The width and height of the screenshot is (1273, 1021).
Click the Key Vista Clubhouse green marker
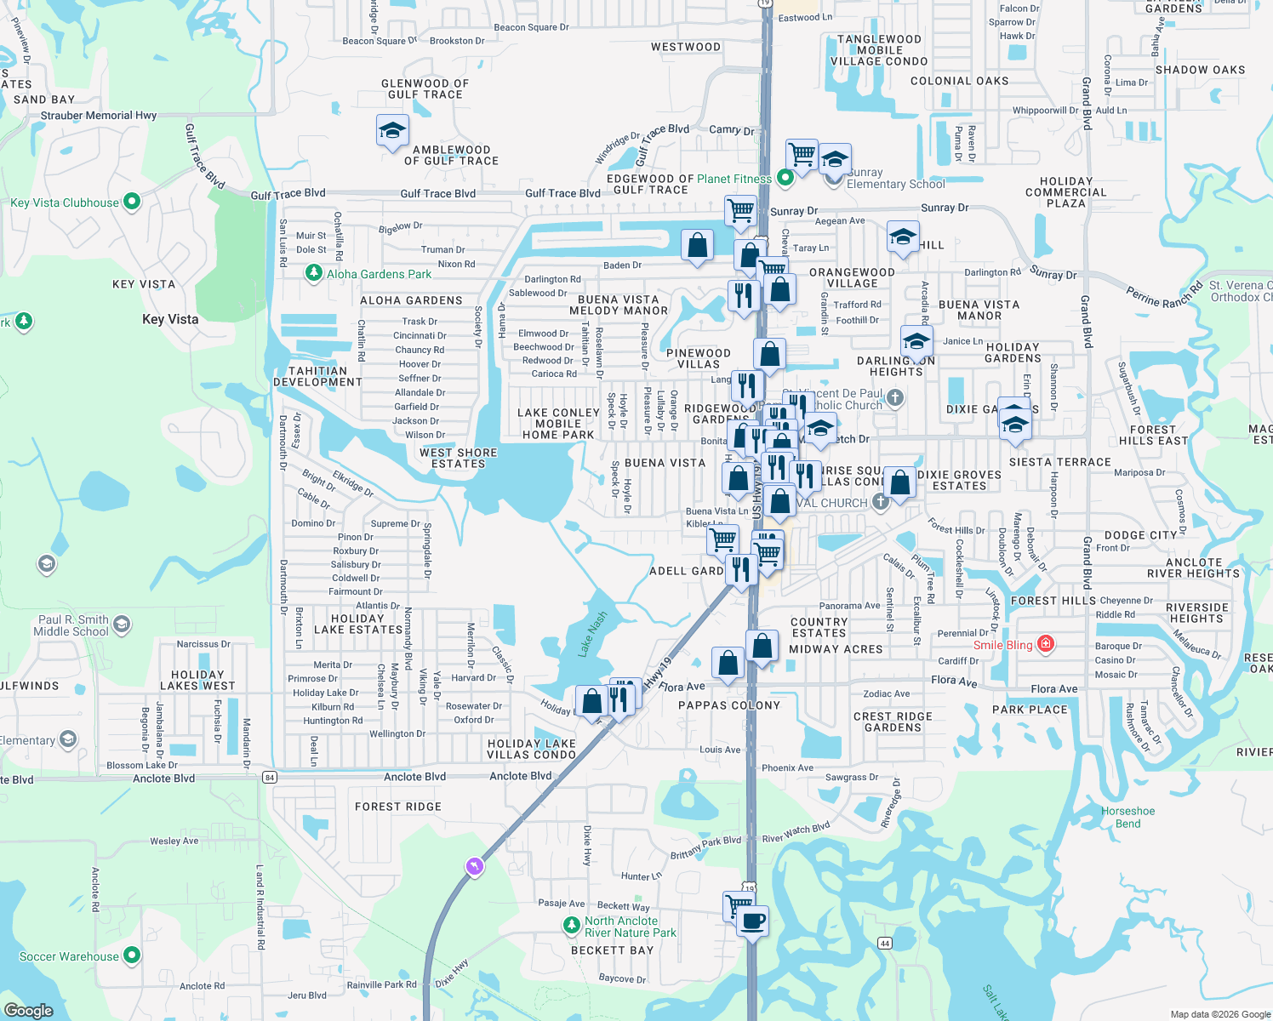pyautogui.click(x=132, y=202)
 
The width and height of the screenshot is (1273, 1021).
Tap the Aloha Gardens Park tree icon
pyautogui.click(x=314, y=273)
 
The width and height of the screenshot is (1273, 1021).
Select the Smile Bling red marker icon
pyautogui.click(x=1046, y=644)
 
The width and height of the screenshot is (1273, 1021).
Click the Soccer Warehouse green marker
pyautogui.click(x=132, y=955)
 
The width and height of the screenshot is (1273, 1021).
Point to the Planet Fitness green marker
pyautogui.click(x=785, y=178)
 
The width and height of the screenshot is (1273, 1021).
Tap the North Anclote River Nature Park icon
pyautogui.click(x=572, y=926)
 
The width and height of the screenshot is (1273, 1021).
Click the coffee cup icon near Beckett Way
pyautogui.click(x=752, y=921)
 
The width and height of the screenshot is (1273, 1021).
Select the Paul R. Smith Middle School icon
pyautogui.click(x=122, y=625)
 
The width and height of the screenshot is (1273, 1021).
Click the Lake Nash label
pyautogui.click(x=592, y=634)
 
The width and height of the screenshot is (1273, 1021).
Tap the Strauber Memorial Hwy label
pyautogui.click(x=99, y=116)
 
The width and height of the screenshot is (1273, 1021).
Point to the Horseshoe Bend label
pyautogui.click(x=1128, y=817)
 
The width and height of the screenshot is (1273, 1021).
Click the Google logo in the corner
pyautogui.click(x=29, y=1010)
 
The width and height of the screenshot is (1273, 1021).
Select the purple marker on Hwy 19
pyautogui.click(x=475, y=866)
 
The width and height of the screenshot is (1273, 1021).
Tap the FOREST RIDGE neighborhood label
pyautogui.click(x=398, y=807)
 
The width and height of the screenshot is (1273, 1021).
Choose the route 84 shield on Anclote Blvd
pyautogui.click(x=270, y=777)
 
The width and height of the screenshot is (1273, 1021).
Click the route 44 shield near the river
pyautogui.click(x=885, y=943)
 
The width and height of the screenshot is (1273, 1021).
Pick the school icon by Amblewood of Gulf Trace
pyautogui.click(x=392, y=131)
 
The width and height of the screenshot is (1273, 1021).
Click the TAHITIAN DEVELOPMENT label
pyautogui.click(x=317, y=376)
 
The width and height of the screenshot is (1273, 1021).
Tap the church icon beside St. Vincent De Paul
pyautogui.click(x=895, y=397)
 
